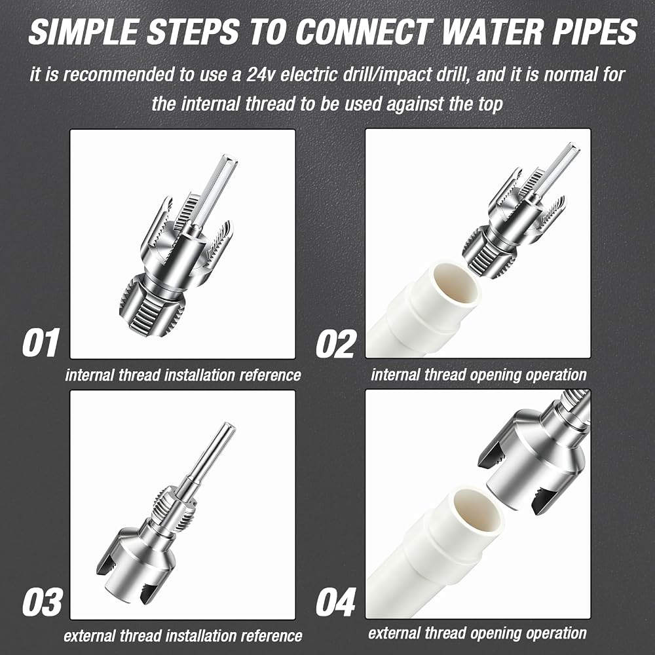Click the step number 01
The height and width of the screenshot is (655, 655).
[x=40, y=343]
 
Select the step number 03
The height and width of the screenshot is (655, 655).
[x=42, y=602]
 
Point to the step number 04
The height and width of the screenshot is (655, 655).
[x=336, y=602]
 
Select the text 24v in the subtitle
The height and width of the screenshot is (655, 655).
[x=261, y=75]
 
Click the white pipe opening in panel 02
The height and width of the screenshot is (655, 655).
[x=456, y=289]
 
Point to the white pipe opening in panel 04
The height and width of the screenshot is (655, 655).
[x=476, y=513]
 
